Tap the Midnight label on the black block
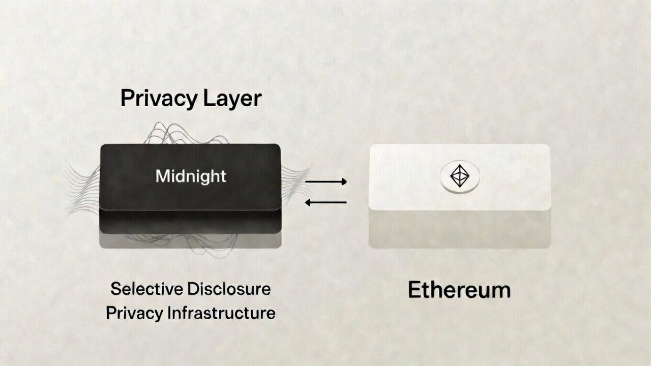click(x=191, y=176)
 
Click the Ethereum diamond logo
click(x=459, y=176)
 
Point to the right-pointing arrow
click(x=325, y=181)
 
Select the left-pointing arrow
click(x=325, y=202)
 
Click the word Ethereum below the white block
click(x=459, y=290)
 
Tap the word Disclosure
click(x=229, y=289)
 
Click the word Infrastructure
click(x=222, y=313)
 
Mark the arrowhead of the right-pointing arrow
click(x=344, y=181)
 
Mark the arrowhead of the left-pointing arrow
click(x=308, y=202)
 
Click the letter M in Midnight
click(x=162, y=176)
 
